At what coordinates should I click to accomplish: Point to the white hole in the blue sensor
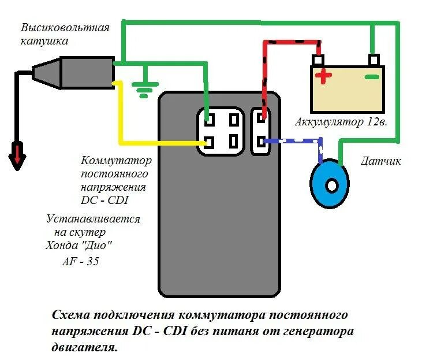331,186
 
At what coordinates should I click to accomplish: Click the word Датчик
380,161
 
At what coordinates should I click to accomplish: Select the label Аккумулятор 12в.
339,122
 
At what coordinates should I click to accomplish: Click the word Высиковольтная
65,28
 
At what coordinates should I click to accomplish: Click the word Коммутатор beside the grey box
117,160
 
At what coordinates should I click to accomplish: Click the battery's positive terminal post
318,60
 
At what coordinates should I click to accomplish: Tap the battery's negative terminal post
374,60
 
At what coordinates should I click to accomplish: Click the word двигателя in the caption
83,348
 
